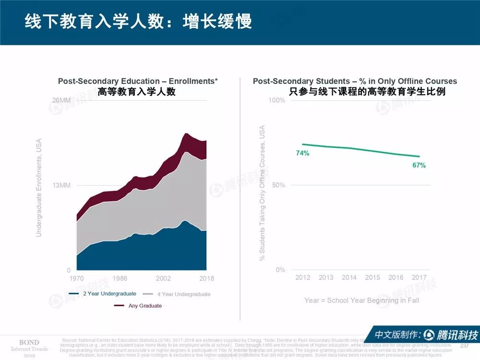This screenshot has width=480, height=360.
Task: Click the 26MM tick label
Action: (x=61, y=100)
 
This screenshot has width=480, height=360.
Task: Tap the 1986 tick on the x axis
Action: (x=120, y=278)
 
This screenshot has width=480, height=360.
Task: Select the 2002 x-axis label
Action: (x=163, y=278)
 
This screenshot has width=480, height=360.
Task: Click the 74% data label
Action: (x=302, y=153)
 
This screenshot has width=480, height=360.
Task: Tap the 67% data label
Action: (x=419, y=165)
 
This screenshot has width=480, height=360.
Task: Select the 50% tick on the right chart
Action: (x=278, y=185)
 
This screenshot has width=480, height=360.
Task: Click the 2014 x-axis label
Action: (x=349, y=277)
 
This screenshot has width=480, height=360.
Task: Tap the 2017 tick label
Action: (x=419, y=277)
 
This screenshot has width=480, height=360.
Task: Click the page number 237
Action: (x=464, y=346)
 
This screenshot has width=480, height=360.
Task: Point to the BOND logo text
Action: (x=29, y=342)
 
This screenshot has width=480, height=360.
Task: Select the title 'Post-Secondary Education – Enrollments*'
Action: (x=138, y=81)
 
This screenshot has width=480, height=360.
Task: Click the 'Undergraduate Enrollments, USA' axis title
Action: (x=39, y=187)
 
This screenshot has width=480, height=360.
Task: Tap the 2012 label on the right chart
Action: (x=302, y=277)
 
